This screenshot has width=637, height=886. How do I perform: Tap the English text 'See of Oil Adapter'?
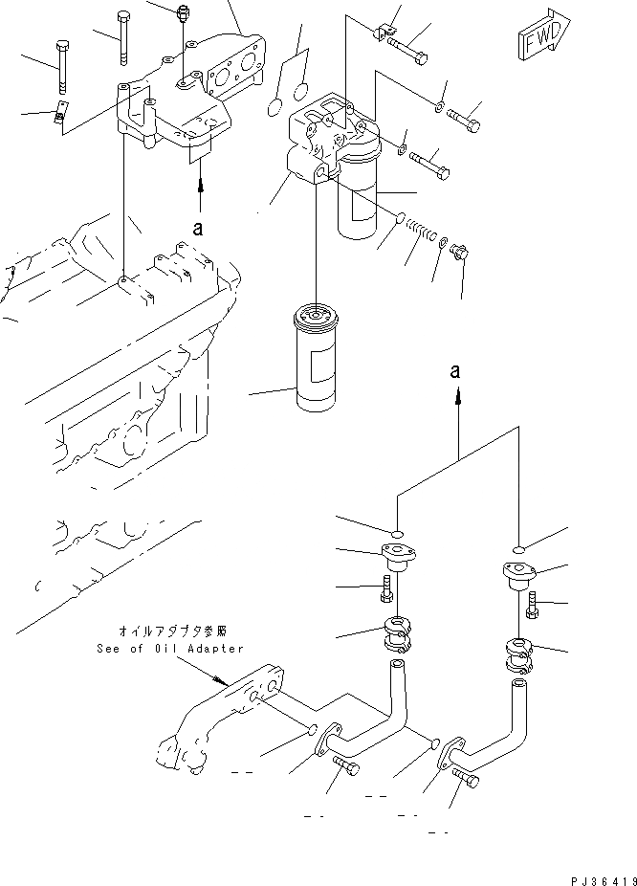click(x=169, y=649)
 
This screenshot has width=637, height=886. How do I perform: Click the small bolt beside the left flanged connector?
click(x=386, y=590)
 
